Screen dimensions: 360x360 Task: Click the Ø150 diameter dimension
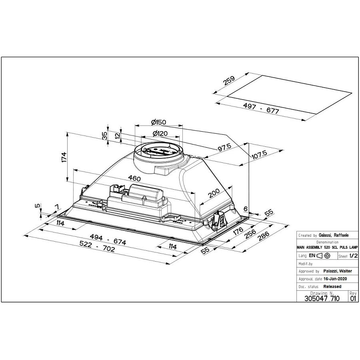pos(158,122)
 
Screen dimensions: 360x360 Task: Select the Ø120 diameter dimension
pos(160,134)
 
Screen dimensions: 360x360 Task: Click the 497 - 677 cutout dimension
pos(260,108)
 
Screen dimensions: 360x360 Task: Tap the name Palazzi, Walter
pos(336,271)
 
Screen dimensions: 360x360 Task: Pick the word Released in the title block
pos(332,286)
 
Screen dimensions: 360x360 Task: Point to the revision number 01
pos(352,298)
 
